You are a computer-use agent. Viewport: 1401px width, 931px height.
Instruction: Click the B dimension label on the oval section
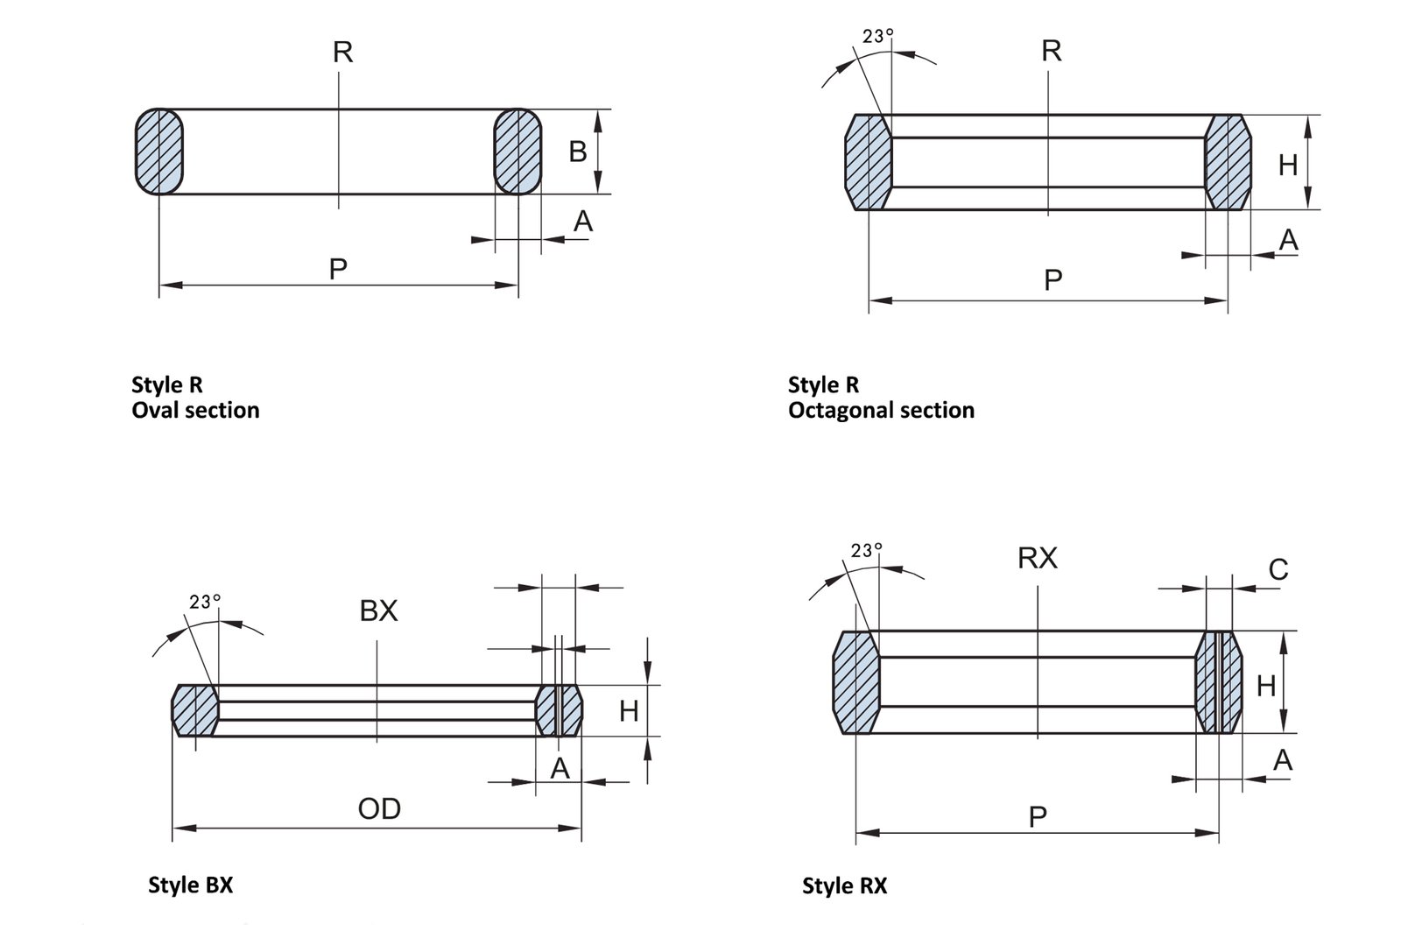(577, 152)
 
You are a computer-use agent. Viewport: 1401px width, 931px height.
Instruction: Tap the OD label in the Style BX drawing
(379, 808)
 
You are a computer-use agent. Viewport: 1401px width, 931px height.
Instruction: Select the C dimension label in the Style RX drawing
(1278, 570)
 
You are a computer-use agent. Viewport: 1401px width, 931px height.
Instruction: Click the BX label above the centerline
(378, 610)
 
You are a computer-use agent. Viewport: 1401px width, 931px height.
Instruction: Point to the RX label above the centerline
(1038, 558)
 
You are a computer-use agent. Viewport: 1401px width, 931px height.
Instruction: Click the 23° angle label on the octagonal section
(877, 36)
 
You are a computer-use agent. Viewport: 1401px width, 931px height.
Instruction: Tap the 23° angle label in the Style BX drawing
(205, 602)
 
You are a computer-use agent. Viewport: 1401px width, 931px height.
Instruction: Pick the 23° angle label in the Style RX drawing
(866, 550)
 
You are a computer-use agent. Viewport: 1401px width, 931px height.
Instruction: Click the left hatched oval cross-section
(158, 152)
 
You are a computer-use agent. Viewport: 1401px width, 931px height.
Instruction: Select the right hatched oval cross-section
(518, 152)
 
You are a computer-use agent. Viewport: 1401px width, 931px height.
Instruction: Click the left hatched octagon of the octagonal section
(868, 162)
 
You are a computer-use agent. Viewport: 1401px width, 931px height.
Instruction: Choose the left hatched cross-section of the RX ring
(855, 682)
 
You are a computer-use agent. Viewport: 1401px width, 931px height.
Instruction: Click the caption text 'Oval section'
(195, 410)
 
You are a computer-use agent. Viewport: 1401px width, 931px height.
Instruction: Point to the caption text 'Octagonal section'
(881, 410)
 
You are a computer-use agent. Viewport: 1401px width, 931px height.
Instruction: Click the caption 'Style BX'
(191, 885)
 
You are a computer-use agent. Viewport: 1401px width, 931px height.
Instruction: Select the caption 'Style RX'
(844, 886)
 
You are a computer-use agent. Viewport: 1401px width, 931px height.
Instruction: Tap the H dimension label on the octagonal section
(1287, 165)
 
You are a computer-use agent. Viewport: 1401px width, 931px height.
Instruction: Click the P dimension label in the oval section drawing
(338, 269)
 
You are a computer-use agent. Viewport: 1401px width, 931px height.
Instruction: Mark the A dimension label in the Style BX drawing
(560, 769)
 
